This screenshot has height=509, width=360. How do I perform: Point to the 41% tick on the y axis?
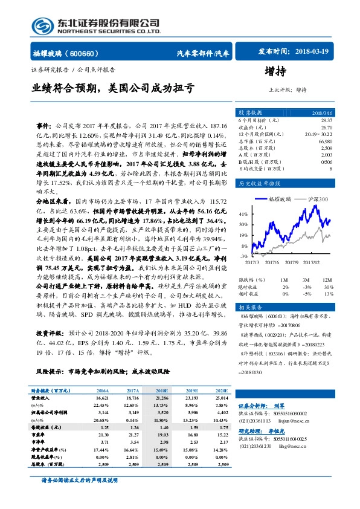(243, 214)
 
